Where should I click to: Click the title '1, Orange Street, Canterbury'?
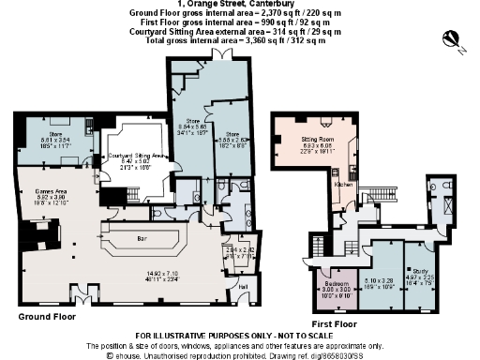click(240, 6)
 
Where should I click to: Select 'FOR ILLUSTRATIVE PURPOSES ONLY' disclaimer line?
click(240, 336)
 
